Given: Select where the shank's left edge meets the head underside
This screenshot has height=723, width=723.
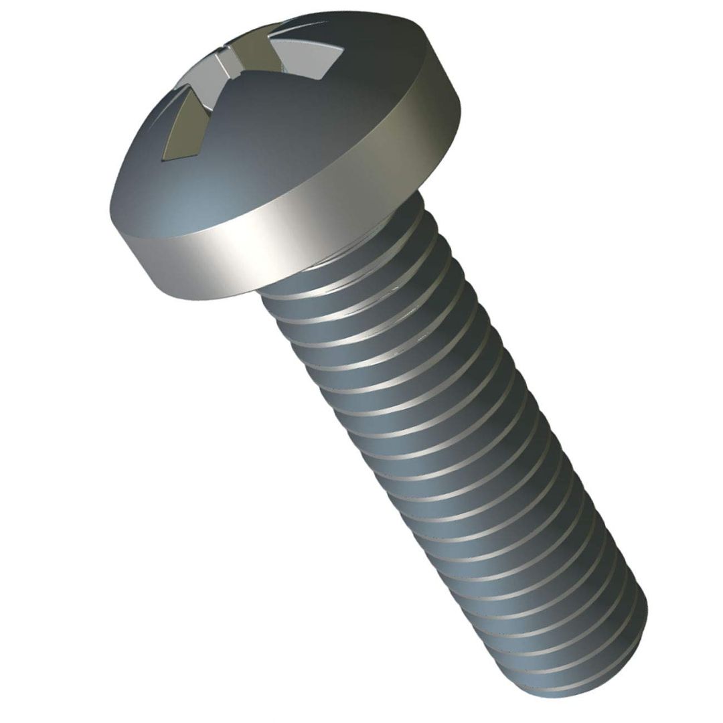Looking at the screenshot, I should [261, 295].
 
